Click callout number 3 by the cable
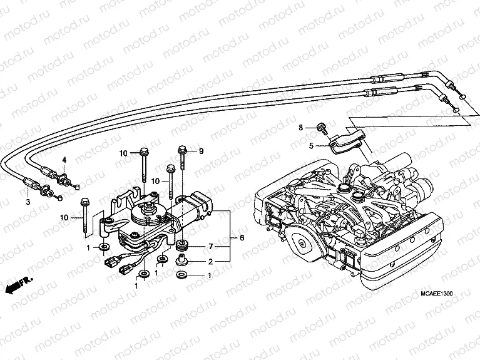[x=28, y=202]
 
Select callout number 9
[x=202, y=151]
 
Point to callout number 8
[x=300, y=128]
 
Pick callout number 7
[x=211, y=245]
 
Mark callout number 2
[x=211, y=262]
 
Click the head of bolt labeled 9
[x=182, y=150]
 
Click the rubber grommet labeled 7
[x=183, y=244]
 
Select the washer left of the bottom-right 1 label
[x=183, y=276]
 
